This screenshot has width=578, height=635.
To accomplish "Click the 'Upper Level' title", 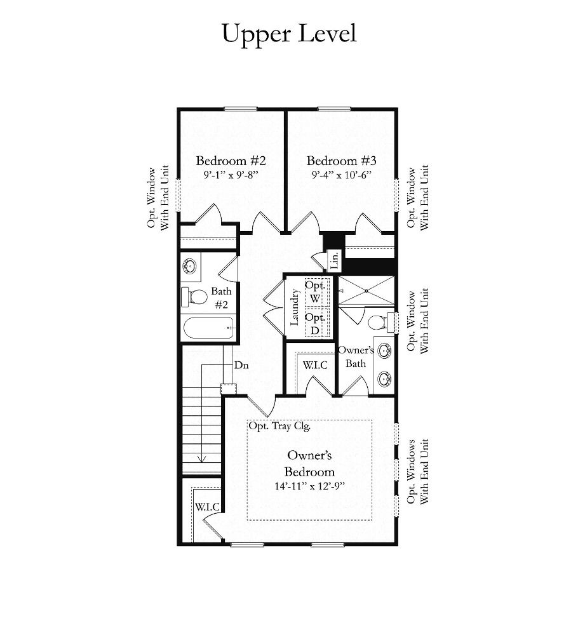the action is click(x=289, y=34).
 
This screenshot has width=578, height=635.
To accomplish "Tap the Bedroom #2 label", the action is click(x=231, y=161).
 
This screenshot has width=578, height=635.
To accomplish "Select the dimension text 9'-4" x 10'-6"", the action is click(x=342, y=175).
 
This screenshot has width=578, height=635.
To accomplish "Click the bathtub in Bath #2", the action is click(x=208, y=327).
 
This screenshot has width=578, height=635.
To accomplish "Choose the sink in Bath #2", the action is click(x=189, y=267).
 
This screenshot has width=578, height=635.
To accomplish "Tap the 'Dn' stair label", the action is click(x=241, y=365).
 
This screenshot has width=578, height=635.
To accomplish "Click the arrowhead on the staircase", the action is click(x=202, y=459).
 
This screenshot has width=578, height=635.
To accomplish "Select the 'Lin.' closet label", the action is click(x=335, y=260).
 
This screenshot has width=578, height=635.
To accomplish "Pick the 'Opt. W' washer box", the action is click(x=316, y=292).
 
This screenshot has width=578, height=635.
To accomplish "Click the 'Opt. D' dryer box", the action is click(x=316, y=324).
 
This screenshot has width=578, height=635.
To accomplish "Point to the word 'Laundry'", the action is click(x=295, y=307).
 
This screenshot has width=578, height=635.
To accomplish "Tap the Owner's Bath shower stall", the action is click(x=366, y=291).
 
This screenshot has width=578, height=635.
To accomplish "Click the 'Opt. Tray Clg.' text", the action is click(x=279, y=426).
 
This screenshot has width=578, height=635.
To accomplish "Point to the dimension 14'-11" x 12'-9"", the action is click(x=310, y=486).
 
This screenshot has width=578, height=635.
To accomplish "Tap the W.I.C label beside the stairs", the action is click(x=207, y=507).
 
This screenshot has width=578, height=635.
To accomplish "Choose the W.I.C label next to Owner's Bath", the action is click(x=315, y=365).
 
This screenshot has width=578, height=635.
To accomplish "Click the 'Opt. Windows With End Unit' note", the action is click(x=417, y=471).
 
